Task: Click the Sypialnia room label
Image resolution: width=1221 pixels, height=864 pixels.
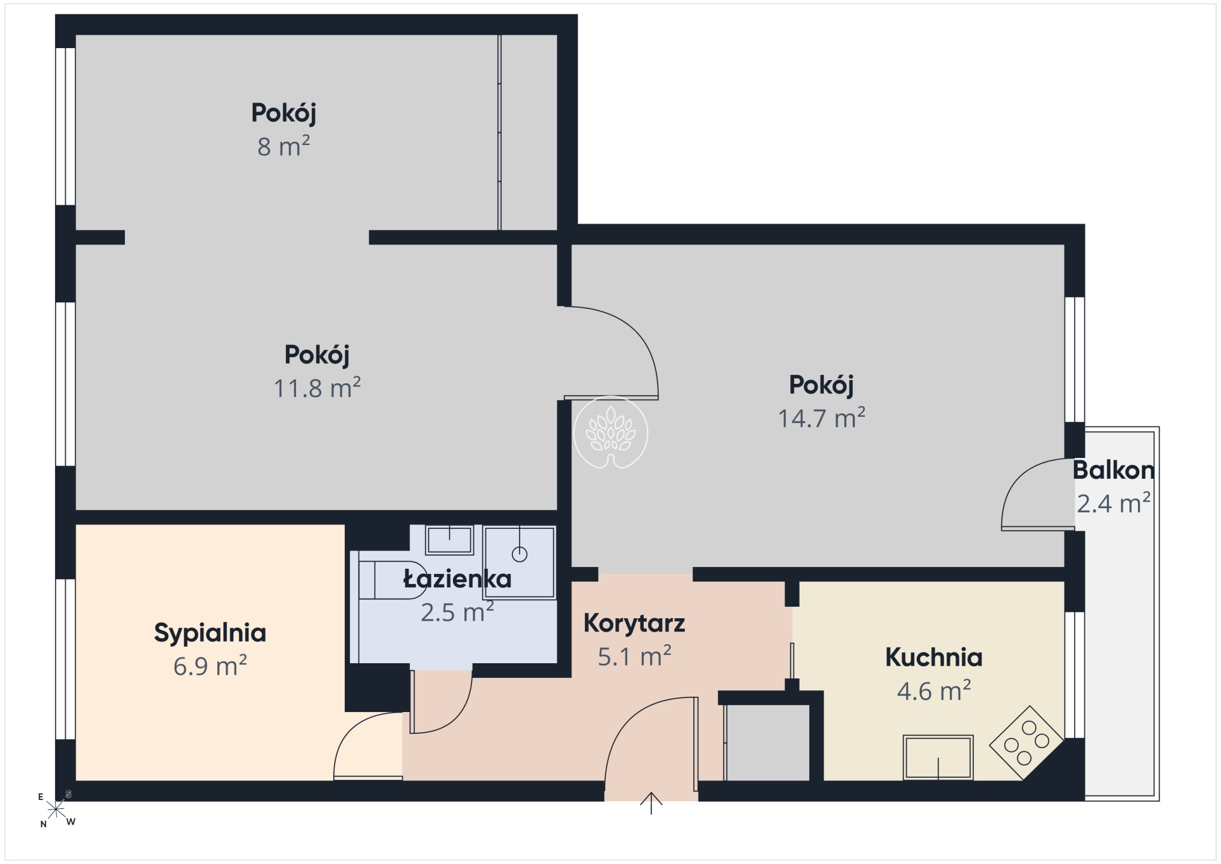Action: click(x=210, y=633)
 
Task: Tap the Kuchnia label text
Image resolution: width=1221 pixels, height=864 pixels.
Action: click(x=933, y=658)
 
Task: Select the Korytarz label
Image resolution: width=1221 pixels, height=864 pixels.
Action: click(x=634, y=624)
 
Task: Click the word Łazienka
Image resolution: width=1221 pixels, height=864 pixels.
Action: click(x=457, y=579)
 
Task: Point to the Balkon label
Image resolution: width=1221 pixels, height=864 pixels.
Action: click(x=1113, y=471)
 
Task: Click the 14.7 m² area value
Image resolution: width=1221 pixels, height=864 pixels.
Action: click(x=821, y=418)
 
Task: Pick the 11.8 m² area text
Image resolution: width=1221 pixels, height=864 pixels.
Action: click(x=317, y=388)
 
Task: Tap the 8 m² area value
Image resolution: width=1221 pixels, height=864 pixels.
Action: click(x=283, y=146)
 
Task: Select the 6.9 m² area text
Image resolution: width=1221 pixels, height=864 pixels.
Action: click(x=210, y=666)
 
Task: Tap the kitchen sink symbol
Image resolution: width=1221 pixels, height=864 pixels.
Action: click(x=938, y=758)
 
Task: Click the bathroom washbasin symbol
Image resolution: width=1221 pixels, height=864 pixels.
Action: click(x=449, y=540)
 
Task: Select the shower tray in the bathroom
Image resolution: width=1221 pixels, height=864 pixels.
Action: click(x=520, y=562)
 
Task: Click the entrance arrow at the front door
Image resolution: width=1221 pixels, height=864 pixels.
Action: click(x=651, y=803)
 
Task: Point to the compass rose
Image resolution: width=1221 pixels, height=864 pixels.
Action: click(x=56, y=809)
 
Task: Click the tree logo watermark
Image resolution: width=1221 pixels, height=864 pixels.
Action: click(x=611, y=433)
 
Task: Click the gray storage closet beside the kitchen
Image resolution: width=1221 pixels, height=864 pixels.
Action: click(x=767, y=742)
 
